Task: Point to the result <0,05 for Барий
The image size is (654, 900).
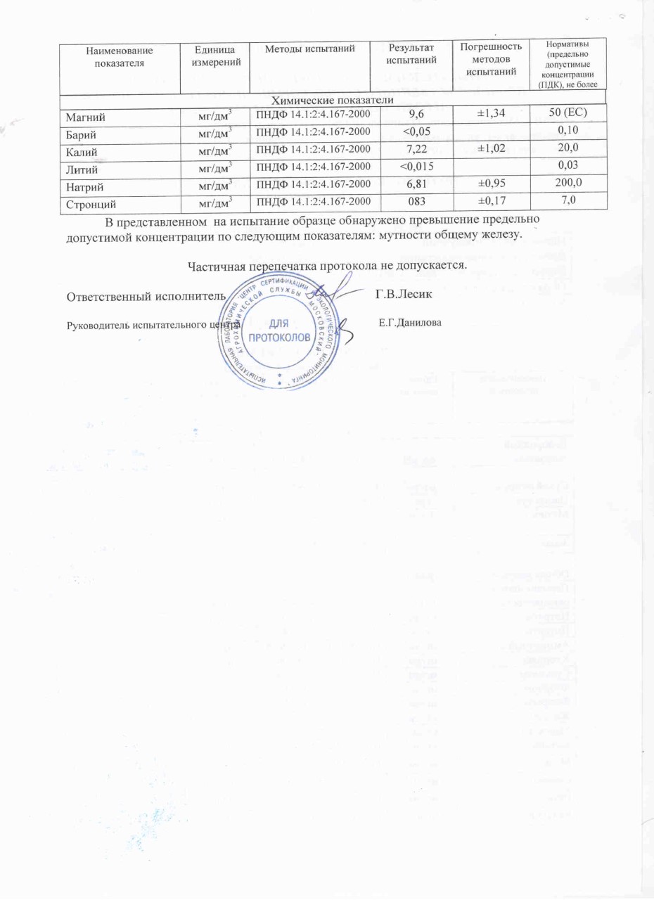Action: [415, 132]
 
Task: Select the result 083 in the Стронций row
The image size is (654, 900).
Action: [414, 204]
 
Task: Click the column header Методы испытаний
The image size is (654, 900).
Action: [310, 48]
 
